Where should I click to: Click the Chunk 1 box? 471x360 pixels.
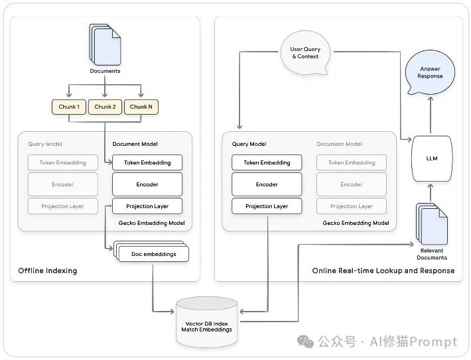(69, 107)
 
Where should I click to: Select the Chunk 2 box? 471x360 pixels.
(105, 107)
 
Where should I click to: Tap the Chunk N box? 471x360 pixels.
(141, 107)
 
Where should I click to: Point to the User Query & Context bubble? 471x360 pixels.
(304, 53)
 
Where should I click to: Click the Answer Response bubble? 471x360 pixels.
(429, 72)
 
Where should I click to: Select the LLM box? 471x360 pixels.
(431, 158)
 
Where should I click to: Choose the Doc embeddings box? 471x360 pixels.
(151, 253)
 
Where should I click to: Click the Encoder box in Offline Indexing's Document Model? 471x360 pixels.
(147, 184)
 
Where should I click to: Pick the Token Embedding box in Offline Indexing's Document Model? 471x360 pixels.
(147, 162)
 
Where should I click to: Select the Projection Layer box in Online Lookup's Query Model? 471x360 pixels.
(267, 206)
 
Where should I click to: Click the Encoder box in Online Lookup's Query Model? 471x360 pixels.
(267, 184)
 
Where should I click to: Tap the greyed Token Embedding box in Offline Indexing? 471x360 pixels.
(63, 162)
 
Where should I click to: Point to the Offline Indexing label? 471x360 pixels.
(48, 270)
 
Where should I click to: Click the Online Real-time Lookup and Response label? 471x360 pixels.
(383, 270)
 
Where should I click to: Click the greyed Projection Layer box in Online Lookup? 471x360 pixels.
(352, 206)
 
